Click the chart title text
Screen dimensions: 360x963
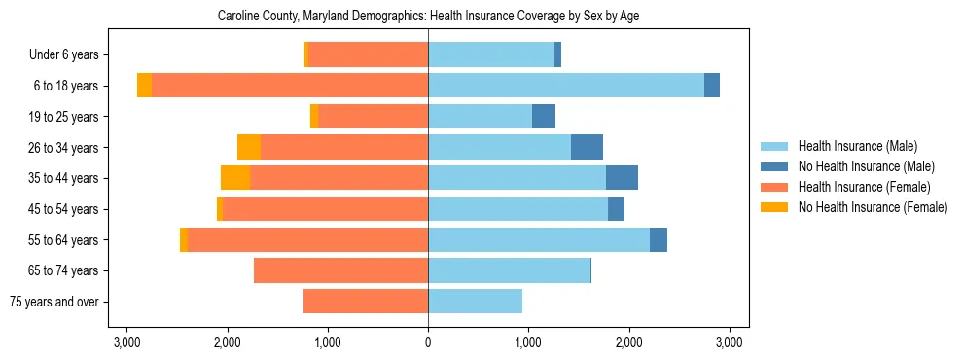428,17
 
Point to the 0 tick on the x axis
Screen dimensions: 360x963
428,342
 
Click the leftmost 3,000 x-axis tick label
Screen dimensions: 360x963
126,342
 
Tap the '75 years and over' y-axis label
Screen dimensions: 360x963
55,302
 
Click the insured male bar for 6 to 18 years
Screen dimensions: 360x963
566,86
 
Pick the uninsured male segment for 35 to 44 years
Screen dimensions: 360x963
622,178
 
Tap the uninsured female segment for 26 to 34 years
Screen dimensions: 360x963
249,147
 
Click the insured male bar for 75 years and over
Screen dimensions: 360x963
475,302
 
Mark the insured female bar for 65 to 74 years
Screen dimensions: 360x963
340,270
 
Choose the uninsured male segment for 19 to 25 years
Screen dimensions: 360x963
544,117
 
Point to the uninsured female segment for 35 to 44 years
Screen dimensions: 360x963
235,178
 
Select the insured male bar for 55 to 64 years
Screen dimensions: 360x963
539,239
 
